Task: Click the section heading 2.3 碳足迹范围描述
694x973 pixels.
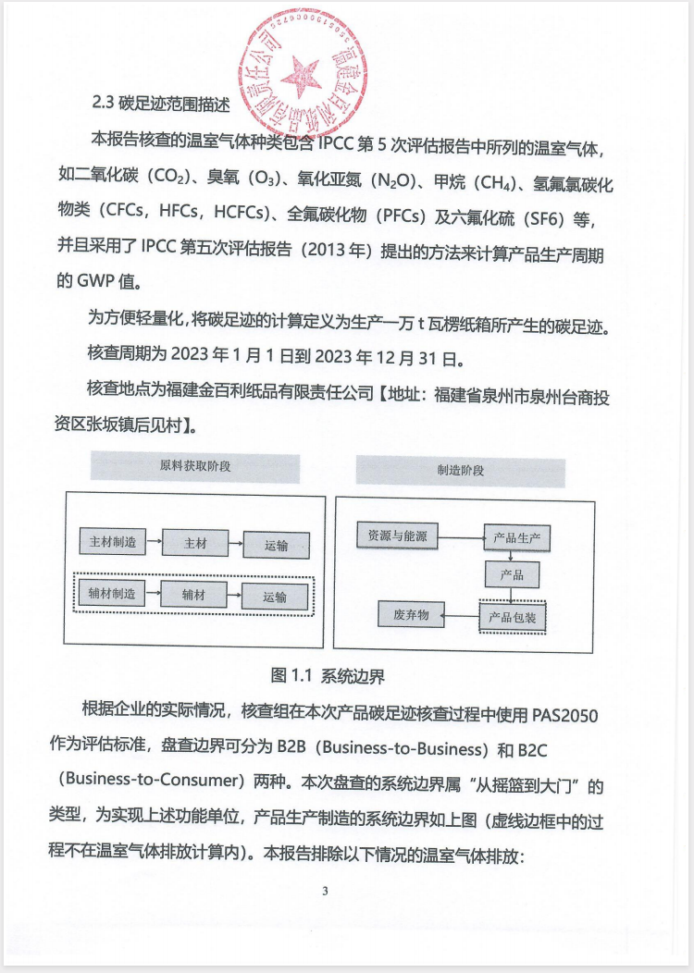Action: [x=161, y=105]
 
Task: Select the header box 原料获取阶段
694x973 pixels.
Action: [x=195, y=466]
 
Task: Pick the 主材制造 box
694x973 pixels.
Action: [x=113, y=542]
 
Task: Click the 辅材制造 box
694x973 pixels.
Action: [x=113, y=594]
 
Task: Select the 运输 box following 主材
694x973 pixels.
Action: [x=276, y=545]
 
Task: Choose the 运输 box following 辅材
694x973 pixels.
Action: [x=275, y=597]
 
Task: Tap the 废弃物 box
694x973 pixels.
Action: [x=411, y=614]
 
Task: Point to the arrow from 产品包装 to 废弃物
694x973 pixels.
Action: [x=460, y=614]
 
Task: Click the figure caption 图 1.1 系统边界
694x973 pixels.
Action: [x=328, y=675]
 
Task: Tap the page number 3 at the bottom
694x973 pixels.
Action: [x=325, y=892]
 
